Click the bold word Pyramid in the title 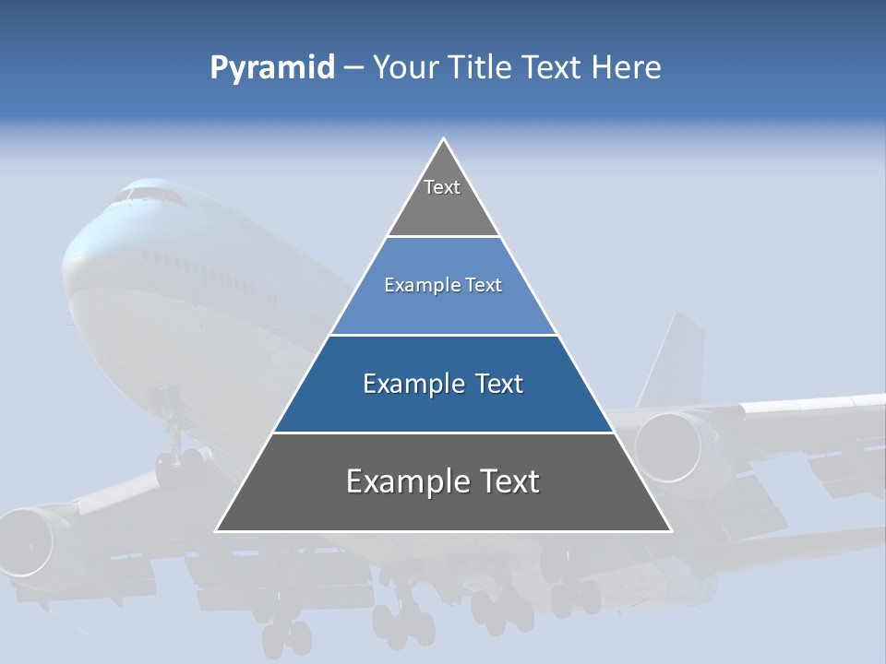[x=272, y=68]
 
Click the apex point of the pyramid [x=444, y=139]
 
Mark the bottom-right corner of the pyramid [x=670, y=530]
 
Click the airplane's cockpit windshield [x=148, y=195]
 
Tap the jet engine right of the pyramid [x=669, y=447]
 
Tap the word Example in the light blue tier [x=413, y=286]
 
